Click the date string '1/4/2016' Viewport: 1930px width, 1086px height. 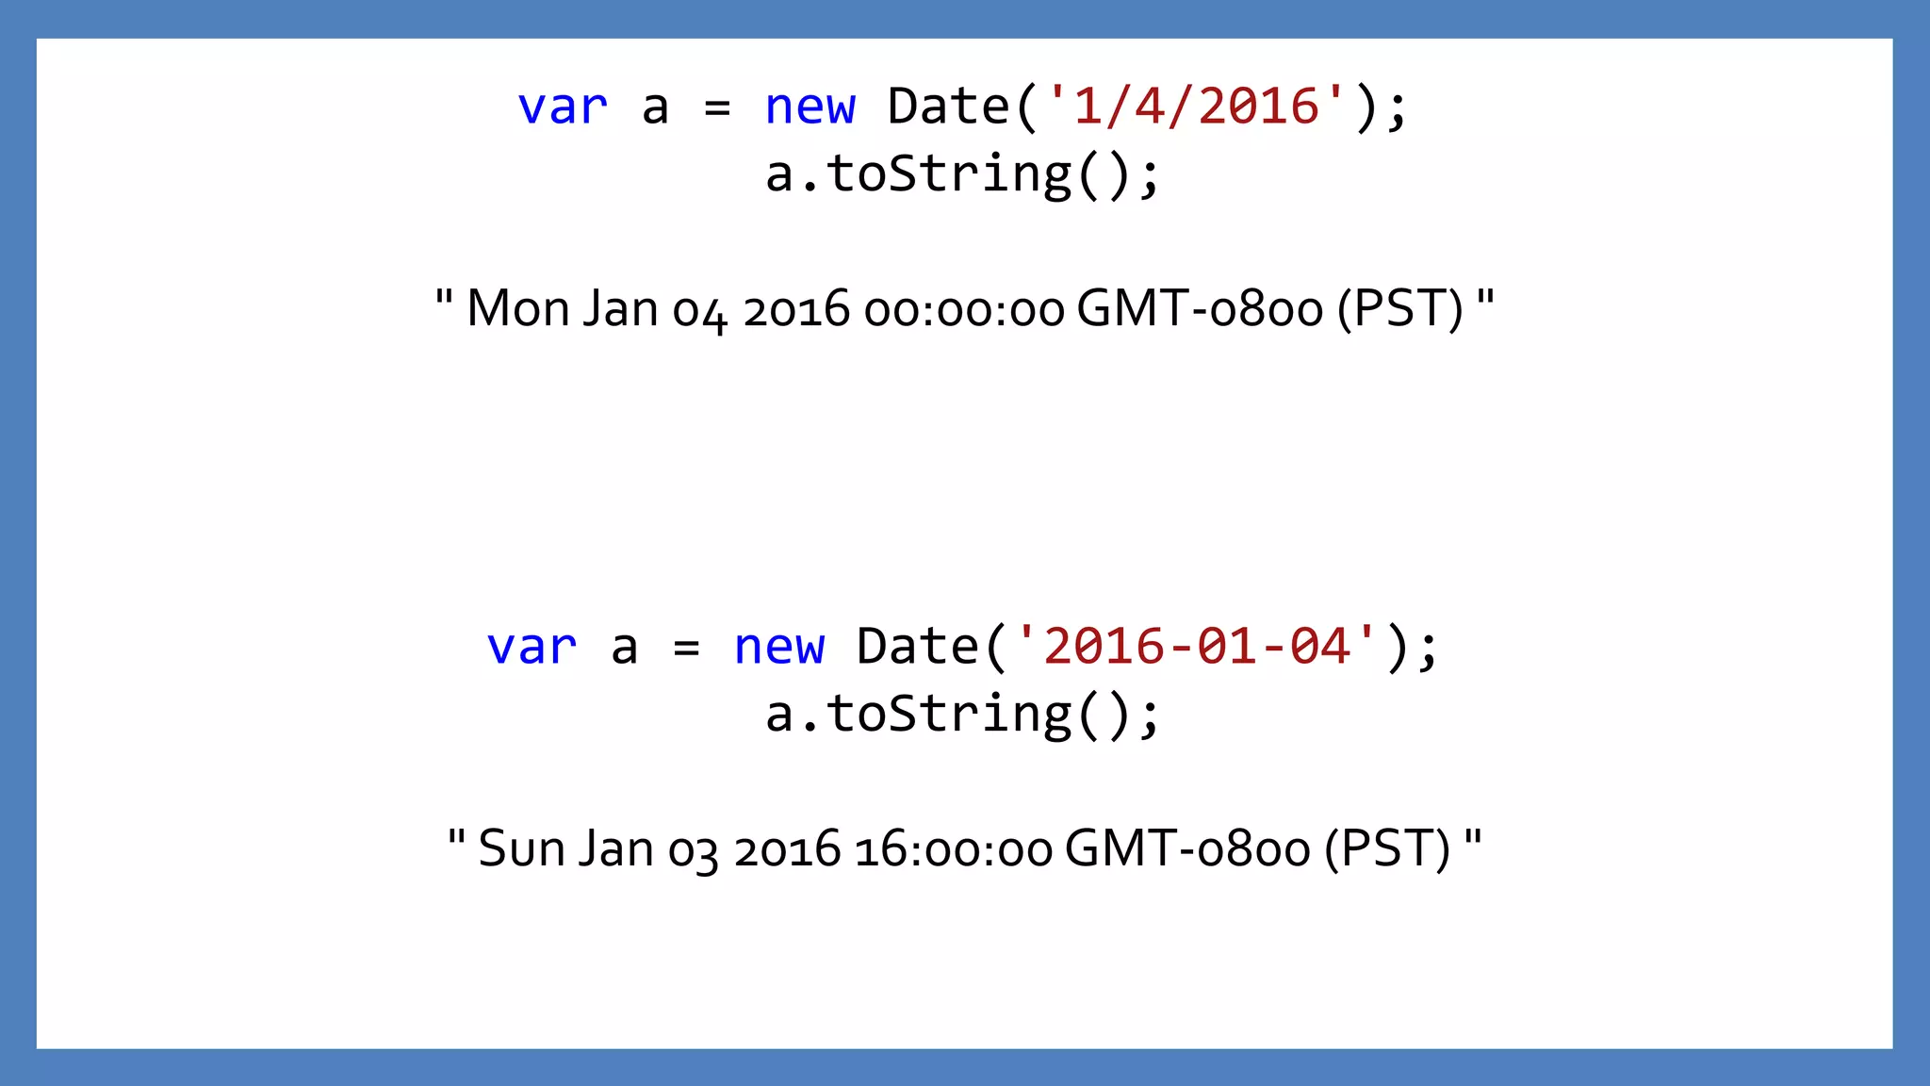[x=1197, y=106]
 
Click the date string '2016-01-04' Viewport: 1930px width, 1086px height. [x=1197, y=646]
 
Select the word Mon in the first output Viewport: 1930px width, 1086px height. [x=518, y=308]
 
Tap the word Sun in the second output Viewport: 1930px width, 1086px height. [x=521, y=847]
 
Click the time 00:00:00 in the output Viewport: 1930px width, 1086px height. [x=964, y=310]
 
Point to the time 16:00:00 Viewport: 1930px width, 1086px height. [x=954, y=849]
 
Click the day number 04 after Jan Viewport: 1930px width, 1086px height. [x=699, y=311]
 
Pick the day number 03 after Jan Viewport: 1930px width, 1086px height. [x=693, y=850]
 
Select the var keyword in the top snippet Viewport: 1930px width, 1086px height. [x=563, y=107]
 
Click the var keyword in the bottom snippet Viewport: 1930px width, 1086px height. [x=532, y=647]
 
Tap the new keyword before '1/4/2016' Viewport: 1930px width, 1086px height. [x=810, y=107]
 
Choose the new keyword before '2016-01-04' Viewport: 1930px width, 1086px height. [x=778, y=647]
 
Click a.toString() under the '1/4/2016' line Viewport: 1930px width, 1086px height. [x=962, y=174]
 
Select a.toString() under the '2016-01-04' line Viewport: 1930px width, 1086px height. [x=962, y=714]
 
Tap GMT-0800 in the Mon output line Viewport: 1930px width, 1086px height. [x=1200, y=309]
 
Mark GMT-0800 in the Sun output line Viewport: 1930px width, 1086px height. [x=1187, y=848]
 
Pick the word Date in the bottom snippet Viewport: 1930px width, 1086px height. [x=917, y=647]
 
